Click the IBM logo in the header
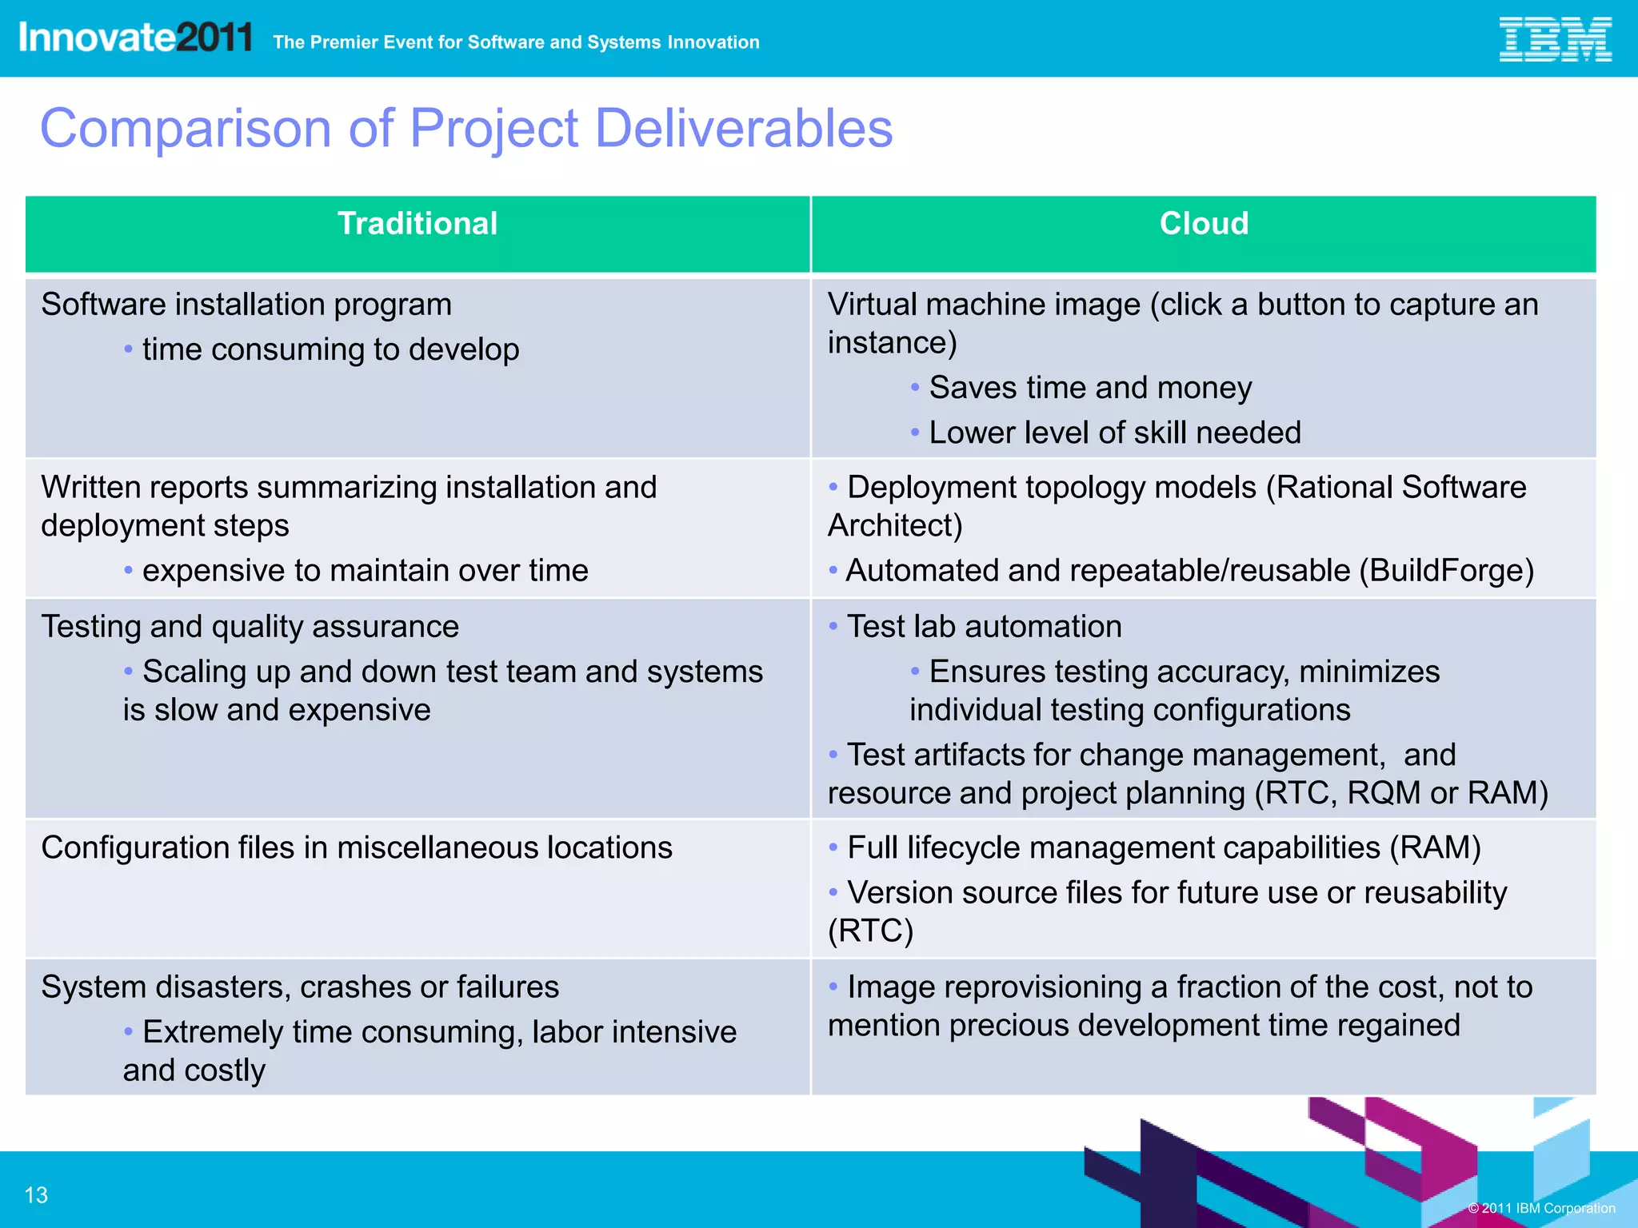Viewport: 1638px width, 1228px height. (1554, 40)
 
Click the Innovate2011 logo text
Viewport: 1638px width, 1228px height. (135, 38)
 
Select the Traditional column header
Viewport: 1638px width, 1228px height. (417, 224)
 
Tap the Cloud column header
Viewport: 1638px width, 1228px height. (1204, 224)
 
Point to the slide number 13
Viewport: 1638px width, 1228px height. (36, 1195)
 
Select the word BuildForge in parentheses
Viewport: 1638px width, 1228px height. (1446, 571)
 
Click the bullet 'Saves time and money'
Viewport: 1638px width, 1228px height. (1090, 388)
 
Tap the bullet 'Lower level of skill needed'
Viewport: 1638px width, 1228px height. (1115, 433)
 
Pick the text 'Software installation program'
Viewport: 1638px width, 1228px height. (246, 305)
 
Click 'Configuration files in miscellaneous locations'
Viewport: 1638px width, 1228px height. (357, 847)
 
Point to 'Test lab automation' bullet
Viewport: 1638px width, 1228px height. (984, 627)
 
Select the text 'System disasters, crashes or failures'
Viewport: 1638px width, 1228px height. (300, 987)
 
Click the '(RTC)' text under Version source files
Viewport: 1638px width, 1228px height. (870, 931)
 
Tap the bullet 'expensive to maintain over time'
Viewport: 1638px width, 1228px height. (365, 571)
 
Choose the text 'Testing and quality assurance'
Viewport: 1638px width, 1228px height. (250, 627)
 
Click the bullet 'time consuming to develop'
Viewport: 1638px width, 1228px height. (330, 349)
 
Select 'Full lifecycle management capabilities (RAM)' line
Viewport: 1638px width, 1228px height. (1164, 847)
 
